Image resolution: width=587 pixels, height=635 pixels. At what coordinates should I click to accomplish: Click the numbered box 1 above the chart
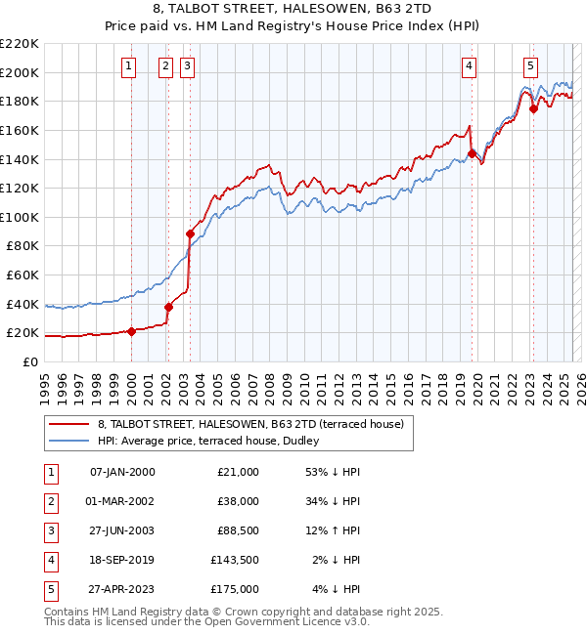coord(130,66)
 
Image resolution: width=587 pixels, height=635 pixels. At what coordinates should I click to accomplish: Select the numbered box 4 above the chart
coord(470,66)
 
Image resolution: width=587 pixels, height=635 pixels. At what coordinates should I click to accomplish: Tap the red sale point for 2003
coord(191,233)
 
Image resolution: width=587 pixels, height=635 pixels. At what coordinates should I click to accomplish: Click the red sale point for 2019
coord(472,153)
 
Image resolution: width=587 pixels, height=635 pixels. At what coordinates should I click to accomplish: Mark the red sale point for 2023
coord(533,108)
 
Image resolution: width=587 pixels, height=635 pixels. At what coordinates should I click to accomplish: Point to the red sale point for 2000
coord(131,331)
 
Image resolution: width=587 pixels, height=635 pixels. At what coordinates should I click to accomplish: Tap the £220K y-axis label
coord(20,44)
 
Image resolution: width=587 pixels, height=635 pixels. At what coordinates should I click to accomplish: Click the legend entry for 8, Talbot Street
coord(256,424)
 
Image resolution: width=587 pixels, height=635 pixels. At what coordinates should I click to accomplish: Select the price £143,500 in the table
coord(235,560)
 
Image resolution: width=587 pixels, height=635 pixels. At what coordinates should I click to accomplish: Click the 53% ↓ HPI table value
coord(334,472)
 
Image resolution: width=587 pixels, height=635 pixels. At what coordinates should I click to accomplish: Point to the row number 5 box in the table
coord(50,589)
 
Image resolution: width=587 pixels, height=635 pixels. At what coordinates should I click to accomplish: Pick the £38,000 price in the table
coord(238,501)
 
